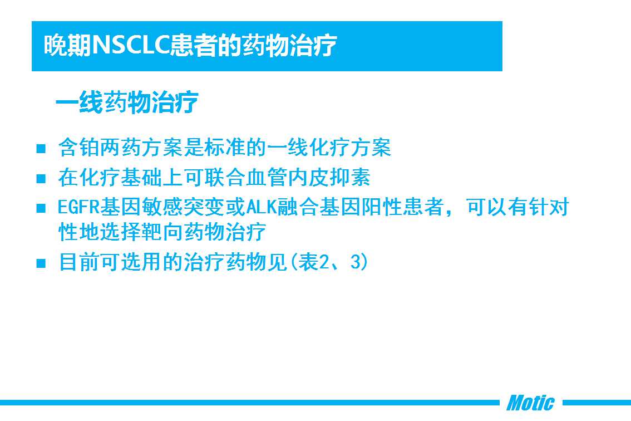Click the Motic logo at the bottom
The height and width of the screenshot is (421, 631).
[530, 403]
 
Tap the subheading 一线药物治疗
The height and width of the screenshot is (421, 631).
[127, 102]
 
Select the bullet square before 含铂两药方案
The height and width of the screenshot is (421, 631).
[41, 149]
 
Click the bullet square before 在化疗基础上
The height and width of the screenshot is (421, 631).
[41, 178]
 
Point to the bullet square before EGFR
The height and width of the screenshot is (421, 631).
[41, 208]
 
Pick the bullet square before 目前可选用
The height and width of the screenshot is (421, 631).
[41, 263]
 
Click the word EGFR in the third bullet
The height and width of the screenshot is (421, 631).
[78, 207]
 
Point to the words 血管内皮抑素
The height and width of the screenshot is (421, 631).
[308, 178]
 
